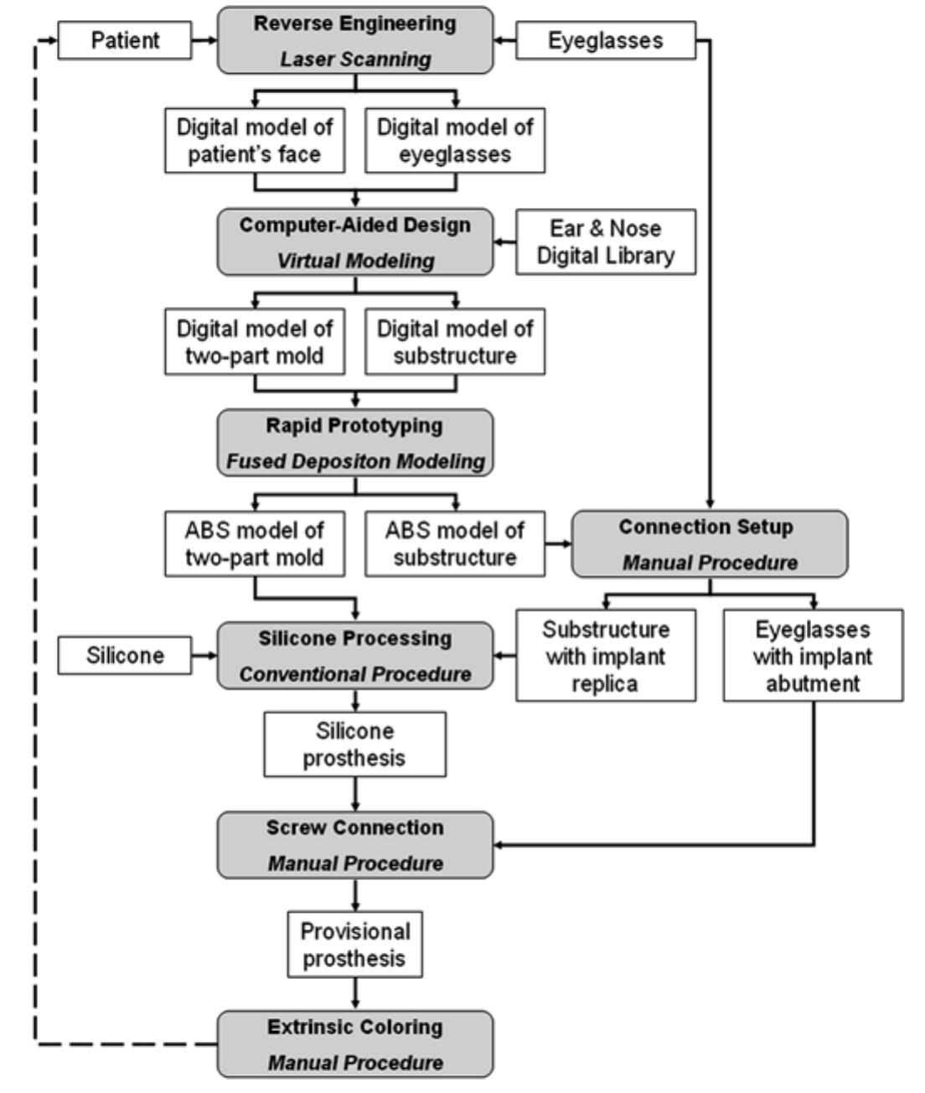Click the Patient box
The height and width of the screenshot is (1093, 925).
(x=125, y=40)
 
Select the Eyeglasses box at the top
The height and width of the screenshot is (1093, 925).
(x=605, y=40)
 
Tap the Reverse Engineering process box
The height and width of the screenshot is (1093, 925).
(x=355, y=40)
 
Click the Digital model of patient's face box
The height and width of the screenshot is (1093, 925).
(x=254, y=141)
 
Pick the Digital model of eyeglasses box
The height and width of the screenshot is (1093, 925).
(x=455, y=141)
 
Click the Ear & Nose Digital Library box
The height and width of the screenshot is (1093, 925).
(x=605, y=241)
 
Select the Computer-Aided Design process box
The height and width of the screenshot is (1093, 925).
(x=355, y=241)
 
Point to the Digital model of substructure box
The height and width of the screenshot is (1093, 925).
(x=455, y=342)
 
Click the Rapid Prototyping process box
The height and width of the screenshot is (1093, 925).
(x=355, y=443)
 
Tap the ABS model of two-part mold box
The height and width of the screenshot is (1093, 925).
(x=254, y=543)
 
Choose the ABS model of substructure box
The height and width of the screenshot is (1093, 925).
(x=455, y=543)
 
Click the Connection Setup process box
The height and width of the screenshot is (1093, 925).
(x=709, y=543)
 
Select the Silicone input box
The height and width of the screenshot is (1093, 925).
(x=125, y=655)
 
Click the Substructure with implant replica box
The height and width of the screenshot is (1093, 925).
(x=605, y=655)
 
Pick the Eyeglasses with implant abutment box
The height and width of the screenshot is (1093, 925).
(x=812, y=655)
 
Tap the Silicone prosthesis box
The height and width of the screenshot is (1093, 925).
(x=354, y=743)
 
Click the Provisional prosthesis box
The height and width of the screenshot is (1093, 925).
(x=354, y=945)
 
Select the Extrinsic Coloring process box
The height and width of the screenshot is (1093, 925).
(x=355, y=1044)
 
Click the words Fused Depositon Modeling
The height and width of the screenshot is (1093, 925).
(x=355, y=462)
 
